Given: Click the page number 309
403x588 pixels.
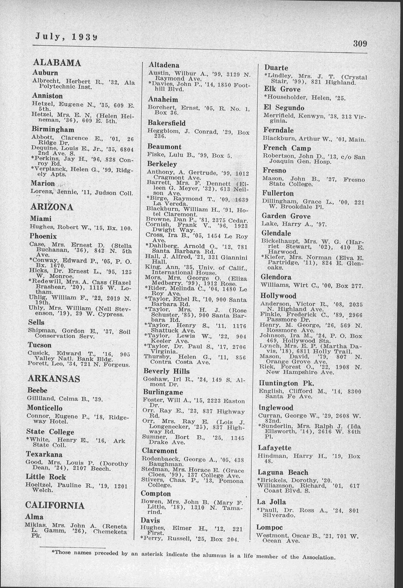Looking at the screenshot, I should (x=360, y=44).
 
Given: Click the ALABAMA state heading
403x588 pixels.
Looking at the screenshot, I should (x=57, y=63).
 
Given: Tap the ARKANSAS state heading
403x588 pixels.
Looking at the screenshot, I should (x=54, y=379).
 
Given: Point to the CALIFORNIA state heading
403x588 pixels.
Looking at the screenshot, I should (x=55, y=505).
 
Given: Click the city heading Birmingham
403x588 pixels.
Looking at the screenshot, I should (x=53, y=129).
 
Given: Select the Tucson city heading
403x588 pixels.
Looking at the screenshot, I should (x=40, y=345).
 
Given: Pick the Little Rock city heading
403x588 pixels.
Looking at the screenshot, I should (x=46, y=476).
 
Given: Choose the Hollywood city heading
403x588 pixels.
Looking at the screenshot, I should (x=278, y=296).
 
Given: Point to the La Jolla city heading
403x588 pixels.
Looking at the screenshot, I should (x=272, y=502).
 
